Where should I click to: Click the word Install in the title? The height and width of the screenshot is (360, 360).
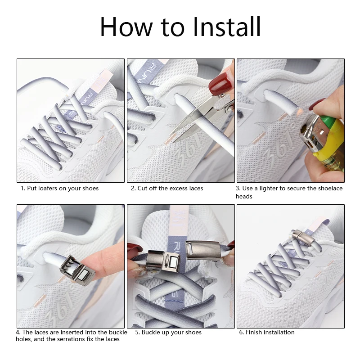(x=226, y=27)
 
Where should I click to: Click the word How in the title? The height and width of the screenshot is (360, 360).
(x=126, y=27)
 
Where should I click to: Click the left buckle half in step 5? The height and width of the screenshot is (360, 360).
(x=163, y=260)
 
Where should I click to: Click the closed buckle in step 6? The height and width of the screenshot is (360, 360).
(x=301, y=237)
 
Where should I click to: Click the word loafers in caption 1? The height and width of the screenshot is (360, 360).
(x=48, y=188)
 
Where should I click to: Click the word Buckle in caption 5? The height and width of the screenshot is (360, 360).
(x=152, y=332)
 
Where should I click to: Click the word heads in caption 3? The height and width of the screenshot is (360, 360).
(x=244, y=197)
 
